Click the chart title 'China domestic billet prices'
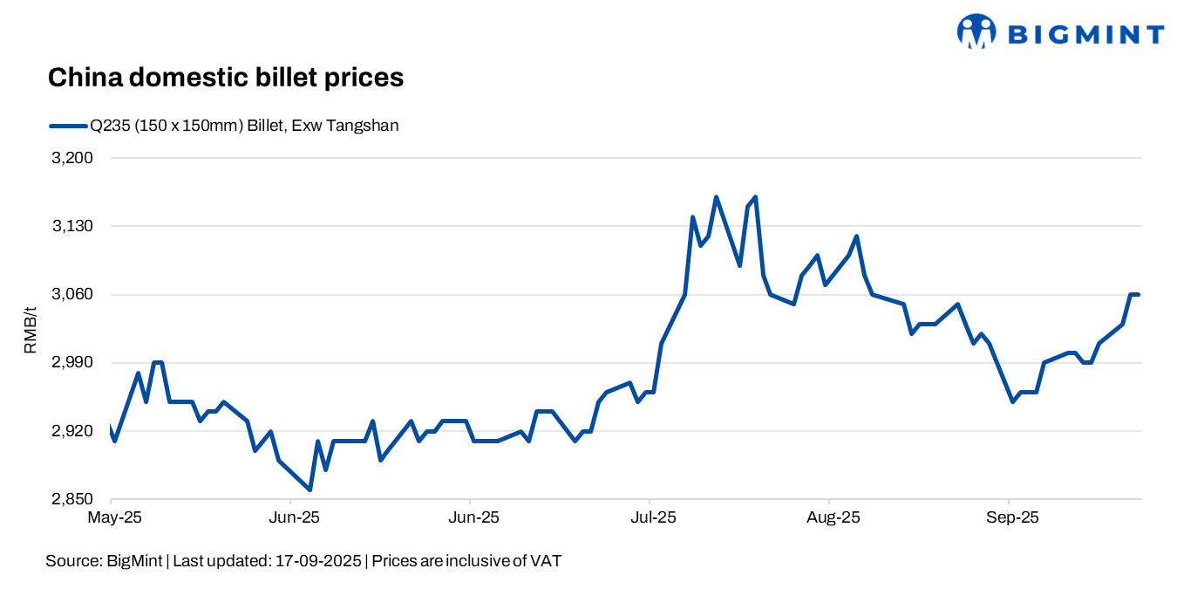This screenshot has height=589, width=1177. (x=225, y=78)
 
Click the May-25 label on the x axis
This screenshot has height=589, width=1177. (x=114, y=517)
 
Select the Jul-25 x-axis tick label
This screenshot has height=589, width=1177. (x=651, y=517)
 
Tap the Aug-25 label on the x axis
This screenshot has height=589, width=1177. (x=832, y=517)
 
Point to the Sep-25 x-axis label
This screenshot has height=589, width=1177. (x=1011, y=517)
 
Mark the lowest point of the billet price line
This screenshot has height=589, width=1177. (x=310, y=490)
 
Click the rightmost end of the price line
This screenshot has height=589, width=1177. (x=1139, y=295)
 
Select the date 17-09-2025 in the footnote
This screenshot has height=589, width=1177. (x=318, y=561)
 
